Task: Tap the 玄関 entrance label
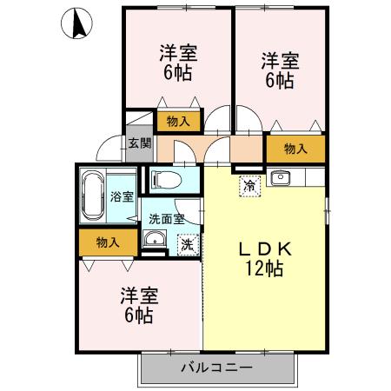point(139,142)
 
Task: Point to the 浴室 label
point(122,196)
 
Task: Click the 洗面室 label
point(165,220)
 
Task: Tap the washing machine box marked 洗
point(187,244)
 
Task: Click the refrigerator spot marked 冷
point(250,183)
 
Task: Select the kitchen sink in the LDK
point(281,180)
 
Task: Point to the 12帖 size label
point(264,268)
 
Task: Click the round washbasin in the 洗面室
point(155,241)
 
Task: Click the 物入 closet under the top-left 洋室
point(178,121)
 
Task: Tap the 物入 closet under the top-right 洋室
point(295,149)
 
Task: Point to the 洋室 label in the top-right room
point(280,61)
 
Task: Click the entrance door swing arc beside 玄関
point(106,148)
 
